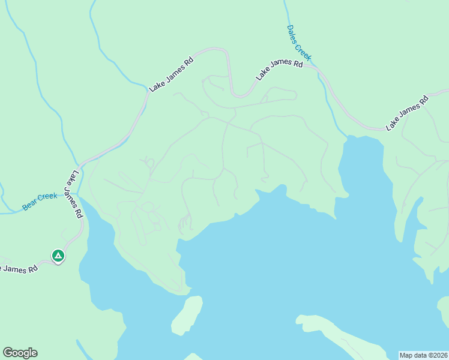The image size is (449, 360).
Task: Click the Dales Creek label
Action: (x=299, y=43)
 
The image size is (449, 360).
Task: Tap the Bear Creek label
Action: (x=40, y=201)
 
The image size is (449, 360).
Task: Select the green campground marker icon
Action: (x=58, y=256)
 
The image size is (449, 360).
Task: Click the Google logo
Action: (x=20, y=353)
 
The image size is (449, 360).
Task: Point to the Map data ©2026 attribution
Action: (x=423, y=355)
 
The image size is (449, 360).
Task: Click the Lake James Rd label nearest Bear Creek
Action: (x=74, y=195)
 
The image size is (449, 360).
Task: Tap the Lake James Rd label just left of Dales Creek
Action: (x=279, y=70)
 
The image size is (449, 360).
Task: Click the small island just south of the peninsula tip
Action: (x=186, y=314)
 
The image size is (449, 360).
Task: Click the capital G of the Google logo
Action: (x=8, y=353)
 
